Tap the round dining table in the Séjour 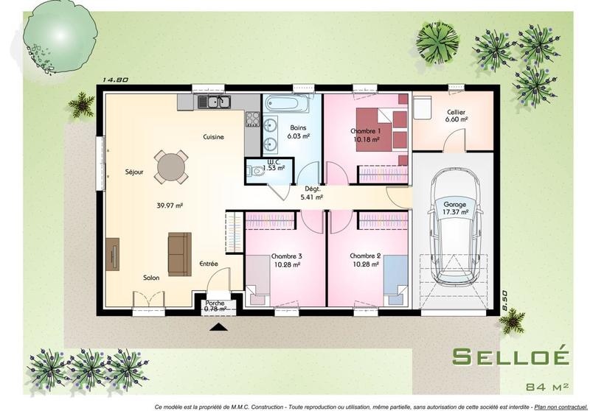[x=170, y=166]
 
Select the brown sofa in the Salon [x=179, y=253]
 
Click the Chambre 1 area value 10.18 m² [x=366, y=138]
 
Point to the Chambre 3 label [x=286, y=256]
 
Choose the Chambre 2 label [x=366, y=256]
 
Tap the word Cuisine [x=214, y=137]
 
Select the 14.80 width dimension [x=116, y=80]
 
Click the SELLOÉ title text [x=510, y=356]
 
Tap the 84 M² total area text [x=547, y=387]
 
